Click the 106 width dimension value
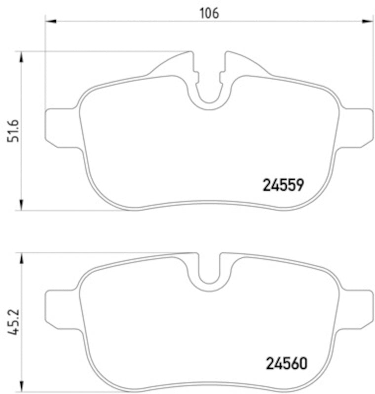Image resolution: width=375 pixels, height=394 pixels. [x=209, y=13]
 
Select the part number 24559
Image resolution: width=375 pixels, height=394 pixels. [x=283, y=185]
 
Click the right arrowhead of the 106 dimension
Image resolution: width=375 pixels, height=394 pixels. [x=368, y=21]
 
